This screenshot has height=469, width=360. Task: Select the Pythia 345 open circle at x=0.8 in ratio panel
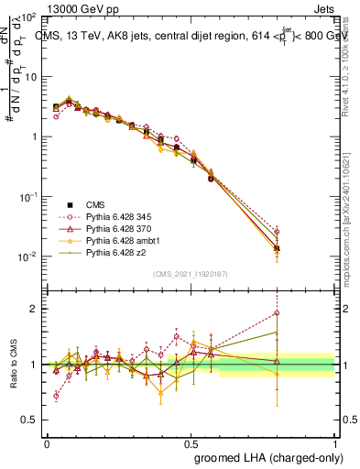click(x=278, y=313)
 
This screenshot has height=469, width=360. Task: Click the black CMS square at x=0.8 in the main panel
click(x=278, y=248)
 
